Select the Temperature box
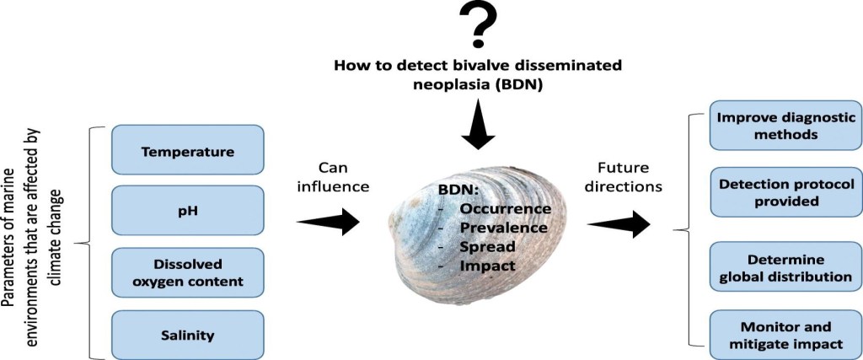188,153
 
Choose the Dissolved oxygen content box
188,273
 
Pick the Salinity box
188,335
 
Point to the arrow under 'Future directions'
619,223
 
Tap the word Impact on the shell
487,266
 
